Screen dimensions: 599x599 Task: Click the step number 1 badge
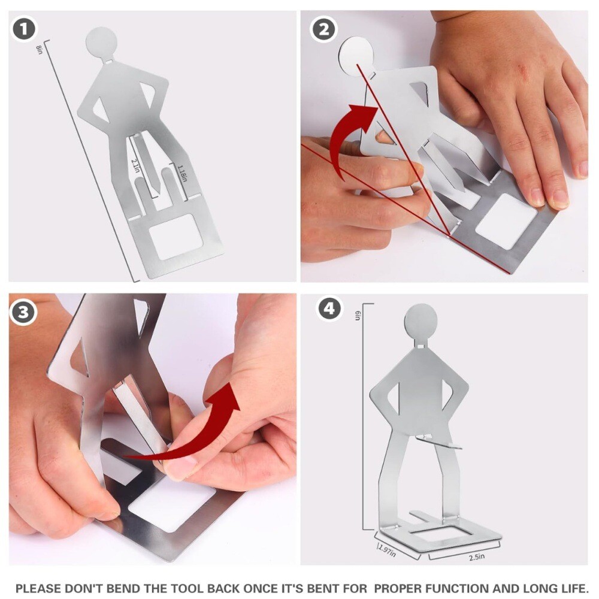[x=24, y=29]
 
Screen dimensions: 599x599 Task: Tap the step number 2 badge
[x=324, y=29]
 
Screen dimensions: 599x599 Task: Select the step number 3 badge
[x=23, y=312]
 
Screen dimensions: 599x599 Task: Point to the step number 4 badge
[x=329, y=308]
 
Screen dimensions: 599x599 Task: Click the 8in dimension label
[x=38, y=50]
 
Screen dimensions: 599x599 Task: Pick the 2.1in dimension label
[x=134, y=166]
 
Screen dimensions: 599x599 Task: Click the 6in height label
[x=358, y=316]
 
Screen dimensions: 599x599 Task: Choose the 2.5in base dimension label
[x=477, y=557]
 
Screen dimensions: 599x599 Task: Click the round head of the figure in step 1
[x=101, y=42]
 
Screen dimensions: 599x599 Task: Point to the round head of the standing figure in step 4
[x=420, y=320]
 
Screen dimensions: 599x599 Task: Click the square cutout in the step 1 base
[x=176, y=237]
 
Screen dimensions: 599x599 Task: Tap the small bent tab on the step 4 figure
[x=439, y=443]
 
